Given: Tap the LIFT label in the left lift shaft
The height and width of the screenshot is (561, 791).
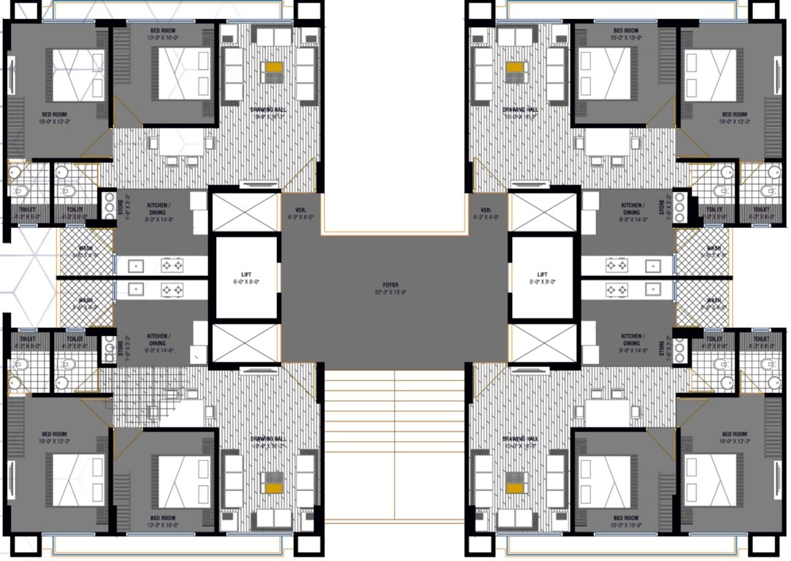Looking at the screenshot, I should pos(245,274).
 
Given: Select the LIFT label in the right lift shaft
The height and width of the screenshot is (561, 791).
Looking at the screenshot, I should pos(542,274).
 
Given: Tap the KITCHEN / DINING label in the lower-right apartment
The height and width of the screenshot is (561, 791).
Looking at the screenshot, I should pos(633,340).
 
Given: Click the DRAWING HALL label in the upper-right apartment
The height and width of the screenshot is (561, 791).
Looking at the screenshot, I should pos(521,110).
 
